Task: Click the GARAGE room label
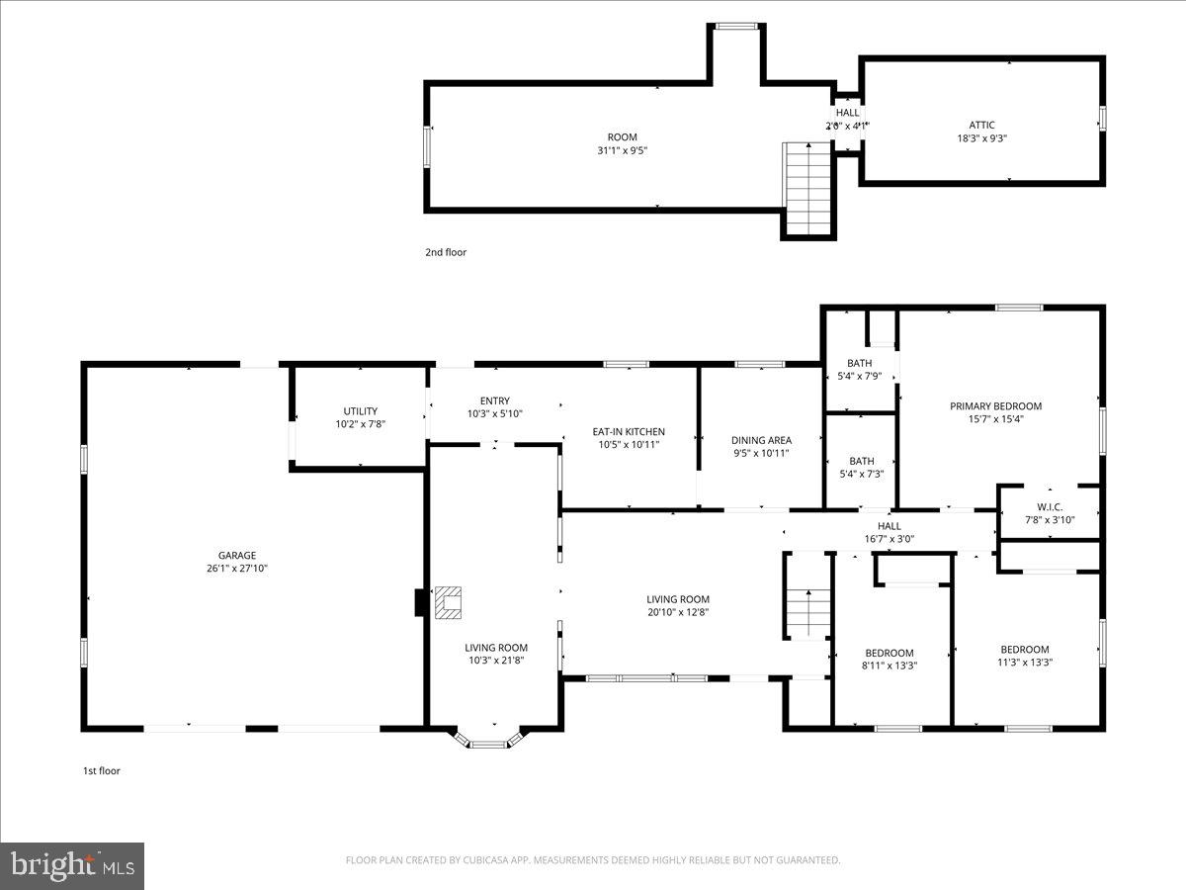point(237,556)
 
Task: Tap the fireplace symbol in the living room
point(449,602)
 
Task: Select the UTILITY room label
point(360,411)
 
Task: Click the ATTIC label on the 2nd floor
point(981,125)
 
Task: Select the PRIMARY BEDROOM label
point(995,405)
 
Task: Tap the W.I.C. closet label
point(1049,507)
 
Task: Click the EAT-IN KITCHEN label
point(629,431)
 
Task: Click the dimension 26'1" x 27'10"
point(237,569)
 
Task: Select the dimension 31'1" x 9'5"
point(622,150)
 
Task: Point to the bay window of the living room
point(487,740)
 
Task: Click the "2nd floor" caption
point(446,252)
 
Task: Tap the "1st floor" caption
point(101,770)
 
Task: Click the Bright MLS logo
point(72,865)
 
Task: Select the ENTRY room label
point(494,400)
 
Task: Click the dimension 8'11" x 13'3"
point(889,666)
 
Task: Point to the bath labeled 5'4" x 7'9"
point(860,369)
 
